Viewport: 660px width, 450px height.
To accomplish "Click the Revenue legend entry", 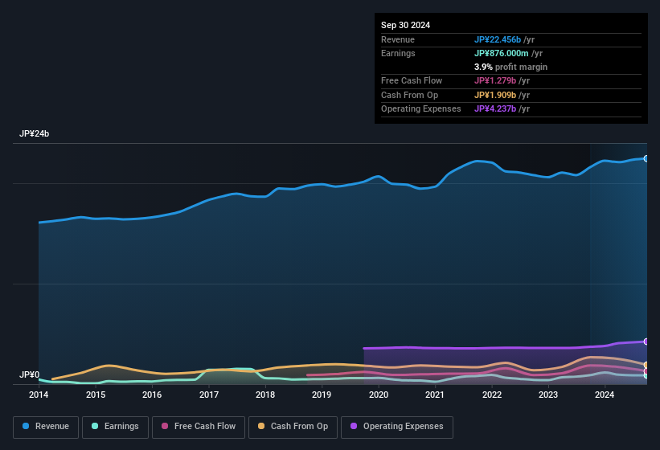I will click(47, 427).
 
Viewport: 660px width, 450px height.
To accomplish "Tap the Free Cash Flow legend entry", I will click(199, 427).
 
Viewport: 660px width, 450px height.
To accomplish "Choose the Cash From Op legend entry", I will click(293, 427).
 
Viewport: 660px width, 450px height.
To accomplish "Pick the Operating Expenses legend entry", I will click(397, 427).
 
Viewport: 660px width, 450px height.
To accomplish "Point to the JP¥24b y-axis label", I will click(35, 134).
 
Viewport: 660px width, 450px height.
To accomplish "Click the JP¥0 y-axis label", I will click(30, 375).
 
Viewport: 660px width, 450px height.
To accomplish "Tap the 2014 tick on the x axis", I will click(39, 395).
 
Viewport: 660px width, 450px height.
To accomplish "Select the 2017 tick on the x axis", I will click(209, 395).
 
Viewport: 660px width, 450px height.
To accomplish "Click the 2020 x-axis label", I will click(379, 395).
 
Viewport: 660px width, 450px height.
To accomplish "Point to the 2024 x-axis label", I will click(605, 395).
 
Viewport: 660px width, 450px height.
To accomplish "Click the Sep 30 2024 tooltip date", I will click(405, 25).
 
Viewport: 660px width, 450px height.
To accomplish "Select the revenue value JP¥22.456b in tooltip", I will click(498, 39).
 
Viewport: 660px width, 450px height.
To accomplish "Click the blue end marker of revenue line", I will click(646, 158).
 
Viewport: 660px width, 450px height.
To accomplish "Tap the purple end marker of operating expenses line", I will click(646, 342).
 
